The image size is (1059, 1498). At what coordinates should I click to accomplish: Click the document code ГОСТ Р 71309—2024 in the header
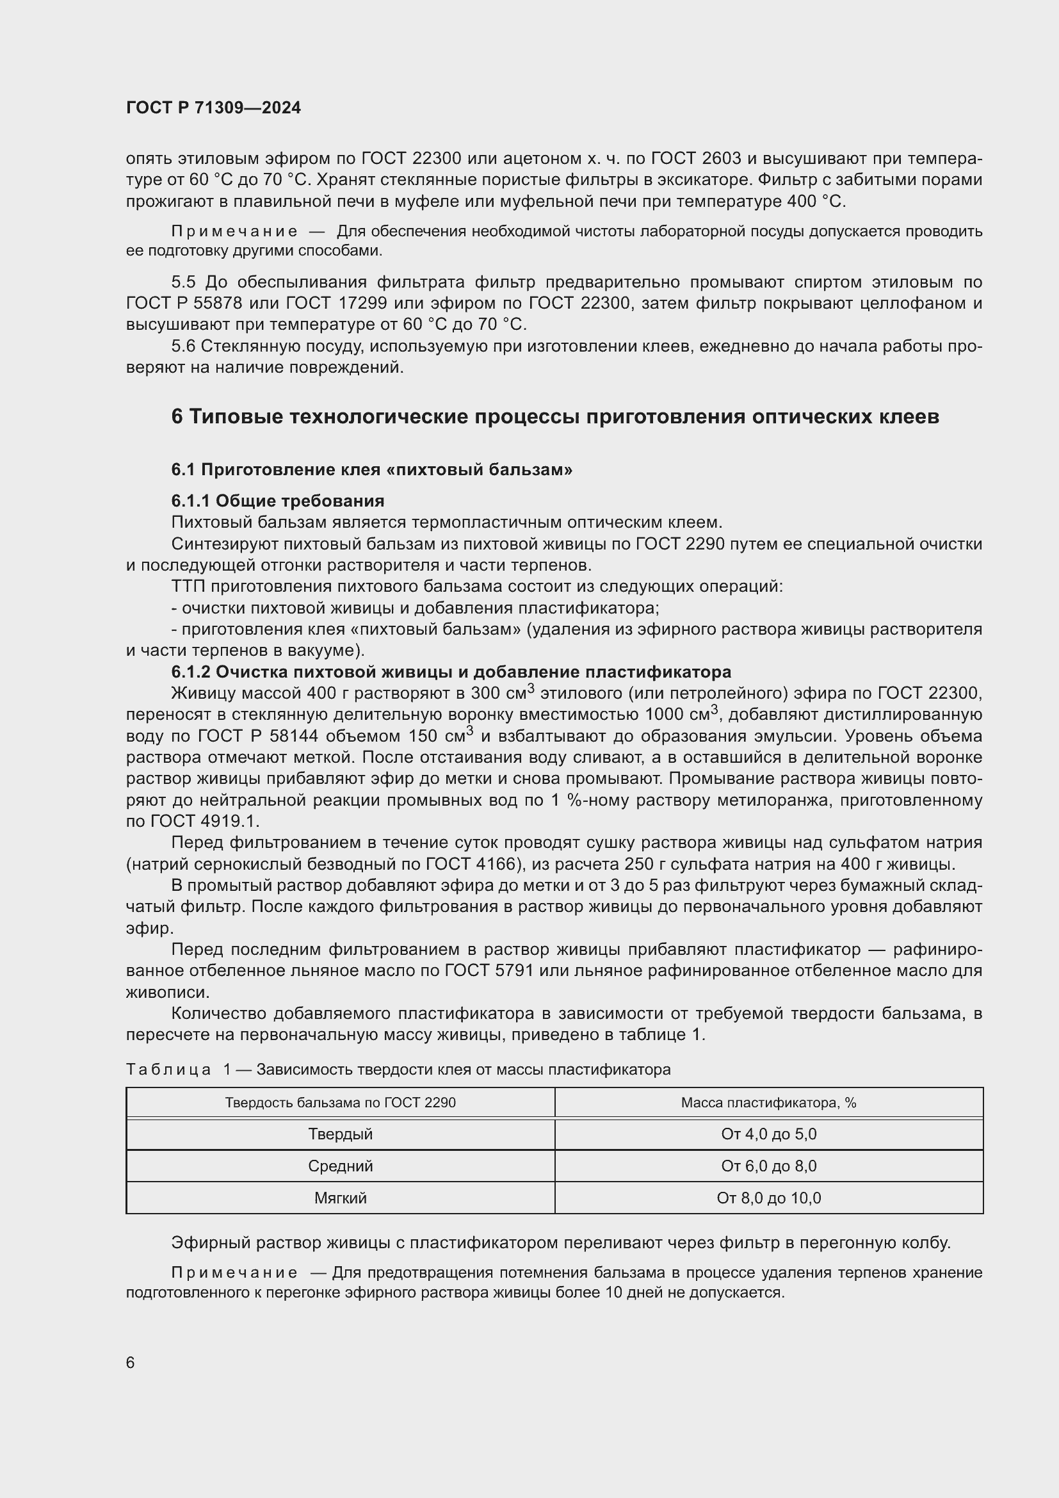tap(213, 108)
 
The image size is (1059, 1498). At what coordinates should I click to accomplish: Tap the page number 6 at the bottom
tap(131, 1362)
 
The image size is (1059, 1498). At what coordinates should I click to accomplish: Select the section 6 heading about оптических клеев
tap(555, 416)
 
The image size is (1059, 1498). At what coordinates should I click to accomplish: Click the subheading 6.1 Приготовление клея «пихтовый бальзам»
tap(372, 469)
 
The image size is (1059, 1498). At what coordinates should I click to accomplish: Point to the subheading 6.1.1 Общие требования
tap(278, 500)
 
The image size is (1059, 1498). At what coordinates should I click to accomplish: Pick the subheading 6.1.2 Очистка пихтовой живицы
tap(451, 671)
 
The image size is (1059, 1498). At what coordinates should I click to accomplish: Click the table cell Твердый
tap(341, 1134)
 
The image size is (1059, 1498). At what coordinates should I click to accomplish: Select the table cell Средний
tap(341, 1166)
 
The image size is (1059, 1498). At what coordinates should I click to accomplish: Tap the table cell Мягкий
tap(341, 1198)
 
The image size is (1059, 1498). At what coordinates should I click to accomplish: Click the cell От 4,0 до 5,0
tap(769, 1134)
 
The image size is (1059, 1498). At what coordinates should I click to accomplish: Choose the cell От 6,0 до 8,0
tap(769, 1166)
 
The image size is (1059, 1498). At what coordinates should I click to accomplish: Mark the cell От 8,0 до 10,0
tap(769, 1198)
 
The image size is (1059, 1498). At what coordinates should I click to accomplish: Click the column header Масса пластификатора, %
tap(769, 1103)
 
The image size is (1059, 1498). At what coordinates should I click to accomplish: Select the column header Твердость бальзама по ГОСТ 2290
tap(341, 1103)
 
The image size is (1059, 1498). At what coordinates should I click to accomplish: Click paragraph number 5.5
tap(183, 282)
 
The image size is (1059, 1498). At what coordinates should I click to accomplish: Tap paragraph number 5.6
tap(183, 346)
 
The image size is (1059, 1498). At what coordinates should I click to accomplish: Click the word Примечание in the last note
tap(234, 1273)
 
